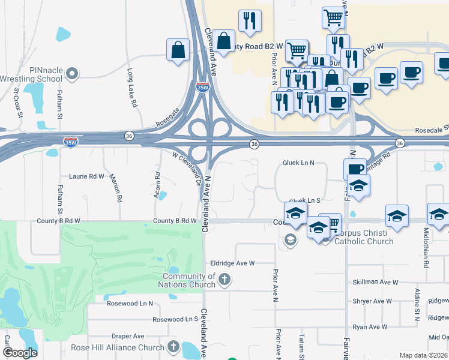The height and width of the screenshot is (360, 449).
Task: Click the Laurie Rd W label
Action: click(86, 176)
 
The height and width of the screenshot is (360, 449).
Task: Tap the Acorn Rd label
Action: click(157, 185)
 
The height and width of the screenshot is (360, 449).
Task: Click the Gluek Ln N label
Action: click(298, 163)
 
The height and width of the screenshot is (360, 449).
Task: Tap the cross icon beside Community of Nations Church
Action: click(224, 279)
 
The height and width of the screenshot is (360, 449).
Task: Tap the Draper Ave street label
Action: click(131, 336)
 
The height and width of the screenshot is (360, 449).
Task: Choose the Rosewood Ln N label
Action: click(130, 304)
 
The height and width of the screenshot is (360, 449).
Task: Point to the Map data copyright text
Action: click(424, 355)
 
